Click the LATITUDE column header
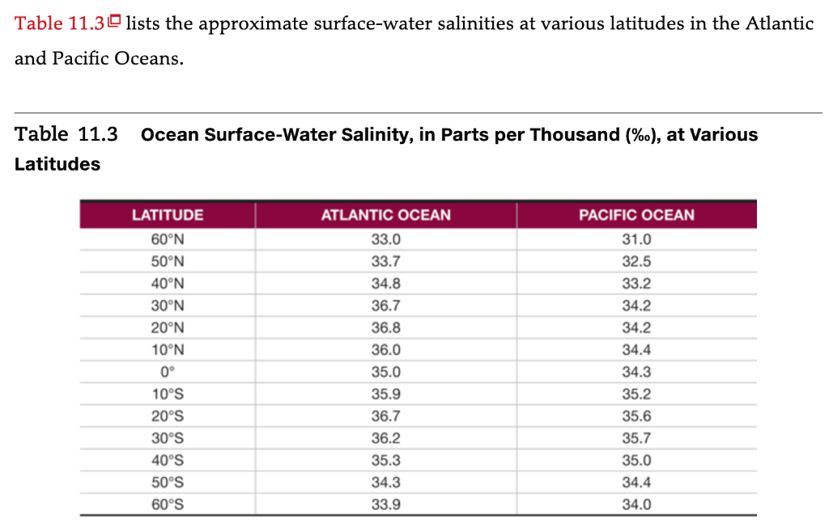(168, 215)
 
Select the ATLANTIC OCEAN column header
(385, 215)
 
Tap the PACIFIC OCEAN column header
(636, 215)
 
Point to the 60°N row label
(168, 239)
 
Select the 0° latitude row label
(168, 372)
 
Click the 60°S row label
(168, 505)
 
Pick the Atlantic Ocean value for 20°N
(385, 328)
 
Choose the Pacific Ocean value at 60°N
(636, 239)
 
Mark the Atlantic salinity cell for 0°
(385, 372)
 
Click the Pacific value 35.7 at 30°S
(636, 438)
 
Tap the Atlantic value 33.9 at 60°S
(385, 505)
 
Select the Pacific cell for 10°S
(636, 395)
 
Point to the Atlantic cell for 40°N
(385, 284)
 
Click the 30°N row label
(168, 306)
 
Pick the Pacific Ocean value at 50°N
(636, 262)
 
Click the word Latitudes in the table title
(57, 164)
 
